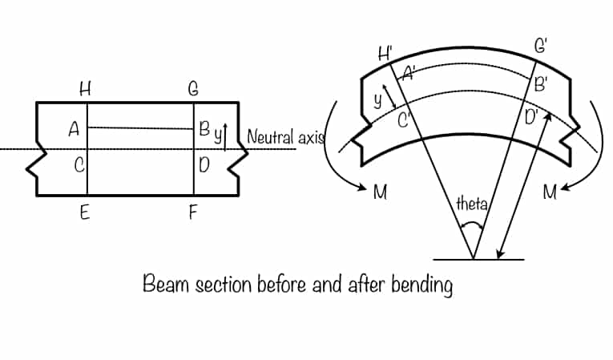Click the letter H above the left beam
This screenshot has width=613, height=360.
tap(85, 90)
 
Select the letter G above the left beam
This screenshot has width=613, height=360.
tap(193, 90)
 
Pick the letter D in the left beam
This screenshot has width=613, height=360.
tap(205, 165)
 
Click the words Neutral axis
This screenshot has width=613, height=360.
tap(284, 136)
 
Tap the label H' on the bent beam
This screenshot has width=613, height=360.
tap(385, 55)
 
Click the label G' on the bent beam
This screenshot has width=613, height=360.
tap(542, 45)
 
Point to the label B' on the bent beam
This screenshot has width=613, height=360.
tap(542, 83)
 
